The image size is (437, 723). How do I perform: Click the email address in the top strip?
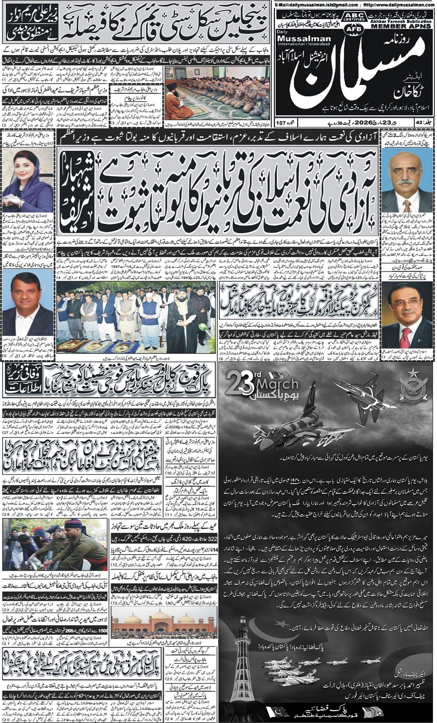(311, 4)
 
